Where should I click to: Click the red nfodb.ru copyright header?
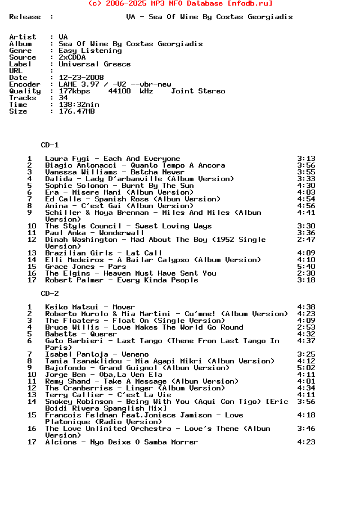[x=180, y=3]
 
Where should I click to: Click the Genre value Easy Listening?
[x=90, y=51]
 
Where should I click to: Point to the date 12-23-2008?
[x=81, y=78]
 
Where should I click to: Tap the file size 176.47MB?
[x=76, y=111]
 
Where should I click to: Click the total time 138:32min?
[x=79, y=105]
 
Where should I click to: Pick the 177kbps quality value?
[x=74, y=91]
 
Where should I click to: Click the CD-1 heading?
[x=49, y=145]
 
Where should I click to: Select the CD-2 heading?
[x=49, y=294]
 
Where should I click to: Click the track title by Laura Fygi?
[x=112, y=159]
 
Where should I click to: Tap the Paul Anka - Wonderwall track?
[x=94, y=233]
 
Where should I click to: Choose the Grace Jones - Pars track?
[x=85, y=267]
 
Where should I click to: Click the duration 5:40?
[x=306, y=267]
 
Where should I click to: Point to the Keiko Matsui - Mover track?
[x=90, y=307]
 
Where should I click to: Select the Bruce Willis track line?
[x=144, y=327]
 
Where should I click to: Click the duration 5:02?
[x=306, y=368]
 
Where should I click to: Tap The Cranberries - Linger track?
[x=135, y=388]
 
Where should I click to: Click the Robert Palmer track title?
[x=121, y=280]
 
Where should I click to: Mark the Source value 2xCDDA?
[x=72, y=57]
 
